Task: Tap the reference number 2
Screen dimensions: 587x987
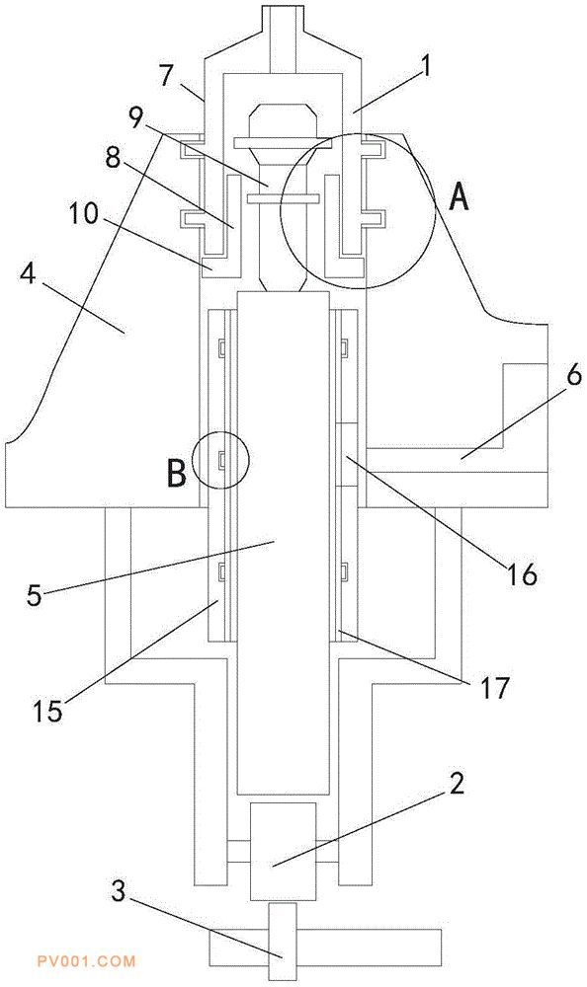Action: click(x=457, y=783)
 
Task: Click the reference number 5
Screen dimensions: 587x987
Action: click(x=34, y=594)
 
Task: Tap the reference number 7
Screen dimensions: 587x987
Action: click(x=165, y=76)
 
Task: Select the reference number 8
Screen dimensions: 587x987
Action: click(x=113, y=158)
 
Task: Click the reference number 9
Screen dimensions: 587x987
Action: click(x=137, y=117)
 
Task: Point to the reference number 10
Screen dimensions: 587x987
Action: click(x=84, y=214)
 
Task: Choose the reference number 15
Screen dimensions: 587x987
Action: click(x=47, y=711)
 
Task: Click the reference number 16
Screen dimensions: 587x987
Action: click(x=523, y=573)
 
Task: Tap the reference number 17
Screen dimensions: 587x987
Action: click(x=494, y=688)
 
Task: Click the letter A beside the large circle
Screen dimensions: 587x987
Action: click(x=459, y=198)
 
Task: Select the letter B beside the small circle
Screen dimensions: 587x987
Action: click(x=177, y=474)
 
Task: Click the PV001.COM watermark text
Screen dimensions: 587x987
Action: click(x=86, y=961)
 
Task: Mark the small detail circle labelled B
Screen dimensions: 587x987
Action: click(x=220, y=432)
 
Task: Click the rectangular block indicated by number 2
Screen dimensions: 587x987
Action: click(x=283, y=851)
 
